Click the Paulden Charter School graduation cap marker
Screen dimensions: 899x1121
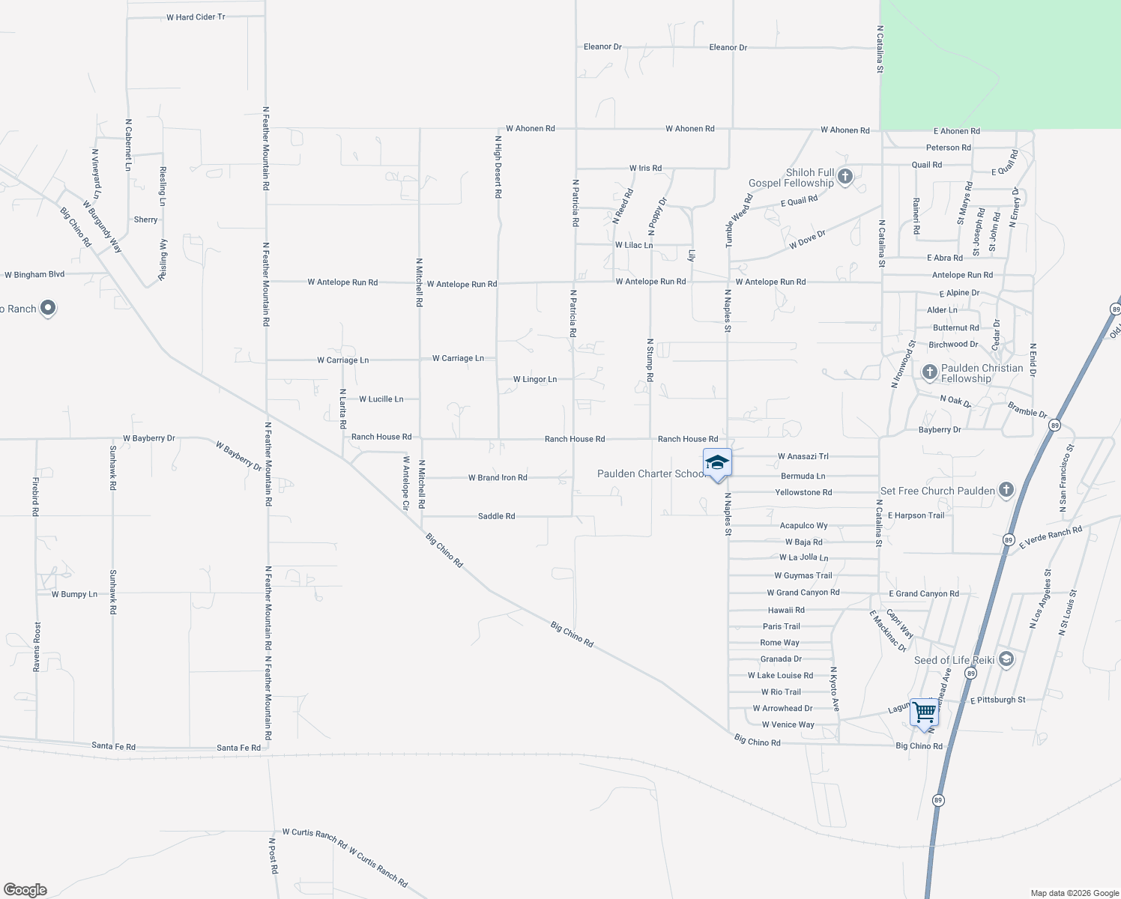[x=717, y=463]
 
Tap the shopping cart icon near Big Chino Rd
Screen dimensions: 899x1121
[x=925, y=713]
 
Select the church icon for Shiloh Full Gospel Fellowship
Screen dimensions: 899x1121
[x=845, y=177]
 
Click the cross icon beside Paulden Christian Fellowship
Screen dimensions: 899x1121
[x=930, y=372]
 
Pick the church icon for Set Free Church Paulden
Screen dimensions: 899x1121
[x=1006, y=491]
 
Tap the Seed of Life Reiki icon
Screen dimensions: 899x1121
[x=1006, y=659]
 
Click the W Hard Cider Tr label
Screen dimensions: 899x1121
[x=196, y=17]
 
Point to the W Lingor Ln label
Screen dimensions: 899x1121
[x=535, y=379]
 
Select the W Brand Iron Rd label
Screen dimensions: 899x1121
[x=498, y=477]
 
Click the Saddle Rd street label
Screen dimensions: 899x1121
[x=497, y=516]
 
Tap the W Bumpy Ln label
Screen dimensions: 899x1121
[x=74, y=594]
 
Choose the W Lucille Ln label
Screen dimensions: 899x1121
[x=381, y=399]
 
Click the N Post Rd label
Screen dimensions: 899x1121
[x=274, y=856]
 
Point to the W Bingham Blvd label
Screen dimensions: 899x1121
[x=34, y=275]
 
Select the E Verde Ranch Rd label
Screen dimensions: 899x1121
[x=1051, y=537]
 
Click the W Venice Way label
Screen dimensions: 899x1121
[x=788, y=724]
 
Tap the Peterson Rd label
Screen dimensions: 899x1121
[x=949, y=148]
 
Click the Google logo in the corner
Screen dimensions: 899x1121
[x=25, y=890]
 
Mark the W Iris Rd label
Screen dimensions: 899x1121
[x=645, y=169]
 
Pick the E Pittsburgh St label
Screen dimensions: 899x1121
[x=997, y=700]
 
